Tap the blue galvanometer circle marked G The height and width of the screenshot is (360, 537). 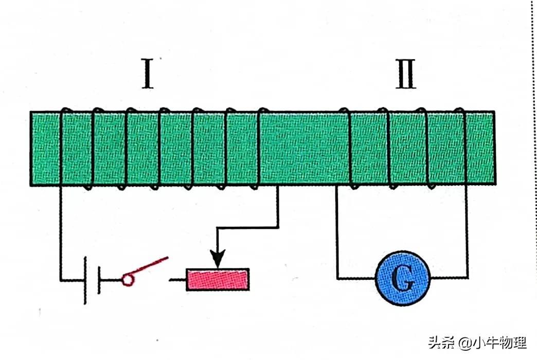[403, 279]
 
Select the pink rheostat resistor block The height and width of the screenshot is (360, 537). [218, 279]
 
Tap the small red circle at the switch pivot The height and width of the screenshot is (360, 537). [126, 279]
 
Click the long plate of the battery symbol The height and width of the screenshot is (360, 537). [85, 280]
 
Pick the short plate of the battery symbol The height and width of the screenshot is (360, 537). [99, 280]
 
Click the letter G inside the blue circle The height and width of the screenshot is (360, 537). [403, 279]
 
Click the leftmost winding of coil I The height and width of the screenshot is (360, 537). [62, 148]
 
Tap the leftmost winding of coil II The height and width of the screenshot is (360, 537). [349, 148]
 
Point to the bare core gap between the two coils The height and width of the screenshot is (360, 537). [303, 148]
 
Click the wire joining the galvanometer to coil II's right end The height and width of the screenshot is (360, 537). [467, 237]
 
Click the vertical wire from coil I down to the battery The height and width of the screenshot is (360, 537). [61, 231]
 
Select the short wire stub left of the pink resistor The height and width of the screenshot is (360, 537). [178, 280]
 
